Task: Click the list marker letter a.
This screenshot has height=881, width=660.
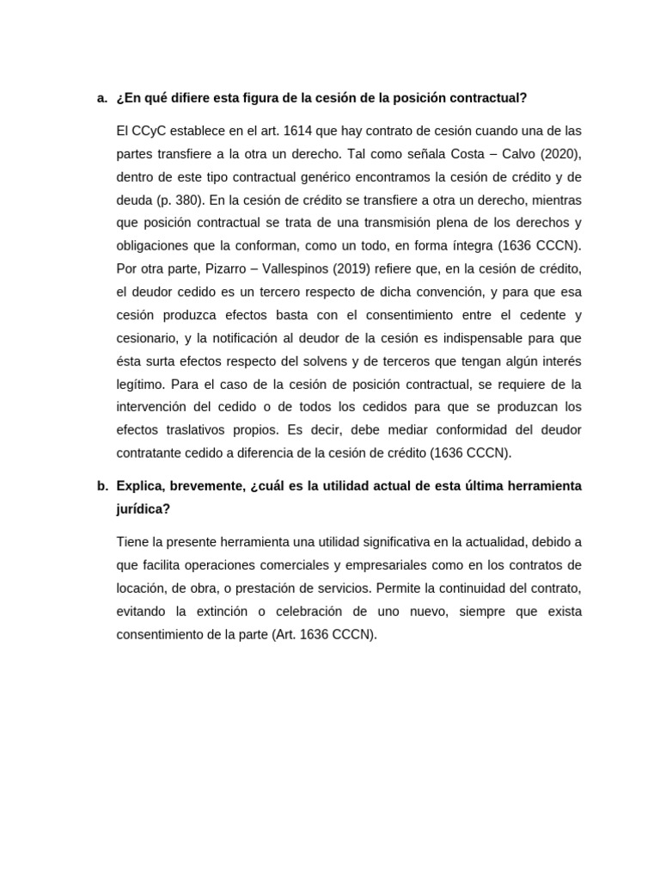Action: click(101, 98)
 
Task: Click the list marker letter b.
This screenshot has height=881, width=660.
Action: click(101, 486)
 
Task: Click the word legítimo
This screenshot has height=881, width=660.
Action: click(139, 383)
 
